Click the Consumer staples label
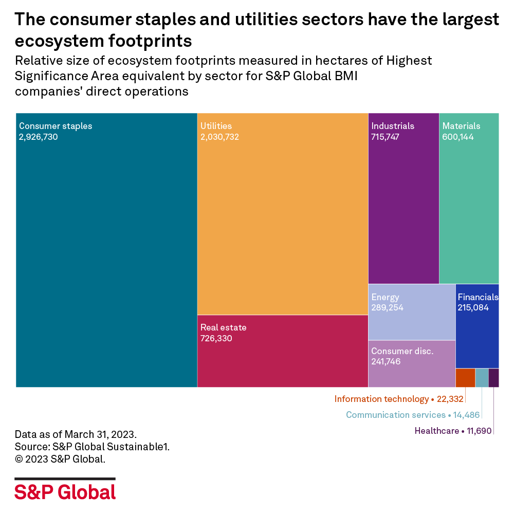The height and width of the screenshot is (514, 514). coord(56,126)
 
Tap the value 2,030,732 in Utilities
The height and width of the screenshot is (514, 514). coord(219,137)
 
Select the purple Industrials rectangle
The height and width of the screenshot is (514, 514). coord(403,206)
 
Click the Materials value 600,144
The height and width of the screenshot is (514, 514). coord(458,137)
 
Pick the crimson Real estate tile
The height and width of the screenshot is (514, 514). coord(283,355)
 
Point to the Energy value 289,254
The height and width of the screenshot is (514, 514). coord(387,308)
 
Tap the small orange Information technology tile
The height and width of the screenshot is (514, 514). coord(465,378)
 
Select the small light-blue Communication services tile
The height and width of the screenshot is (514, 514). coord(482,378)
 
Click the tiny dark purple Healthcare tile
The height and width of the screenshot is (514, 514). coord(493,378)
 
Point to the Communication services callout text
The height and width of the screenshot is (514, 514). coord(395,415)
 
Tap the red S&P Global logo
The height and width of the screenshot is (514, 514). coord(65,491)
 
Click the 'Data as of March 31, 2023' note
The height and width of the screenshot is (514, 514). coord(76,433)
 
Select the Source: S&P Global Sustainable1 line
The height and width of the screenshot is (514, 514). coord(92,447)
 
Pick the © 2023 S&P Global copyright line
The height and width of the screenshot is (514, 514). coord(60,460)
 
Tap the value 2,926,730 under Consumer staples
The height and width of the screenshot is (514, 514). coord(39,137)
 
